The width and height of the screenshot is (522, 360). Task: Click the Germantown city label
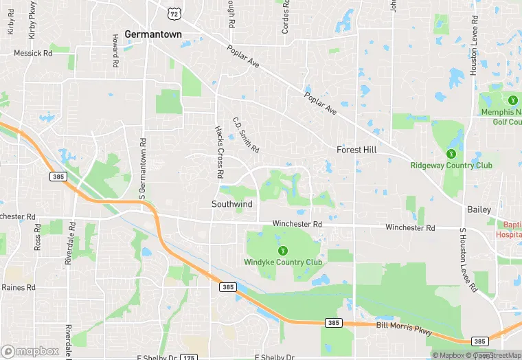[153, 34]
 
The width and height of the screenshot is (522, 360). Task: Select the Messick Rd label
[32, 53]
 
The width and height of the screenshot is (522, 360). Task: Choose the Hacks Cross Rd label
[219, 152]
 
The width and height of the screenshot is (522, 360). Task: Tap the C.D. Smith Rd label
[245, 135]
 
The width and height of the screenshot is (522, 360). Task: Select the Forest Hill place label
[358, 149]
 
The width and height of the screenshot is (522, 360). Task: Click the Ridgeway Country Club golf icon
[451, 153]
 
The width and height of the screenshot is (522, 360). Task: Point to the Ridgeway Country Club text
[451, 165]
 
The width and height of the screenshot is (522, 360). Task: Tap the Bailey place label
[479, 208]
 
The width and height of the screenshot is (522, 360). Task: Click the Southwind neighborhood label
[232, 204]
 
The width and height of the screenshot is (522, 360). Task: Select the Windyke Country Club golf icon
[282, 250]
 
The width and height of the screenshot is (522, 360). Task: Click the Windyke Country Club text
[282, 262]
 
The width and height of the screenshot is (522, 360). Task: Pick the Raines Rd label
[18, 287]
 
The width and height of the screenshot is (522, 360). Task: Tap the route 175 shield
[188, 357]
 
